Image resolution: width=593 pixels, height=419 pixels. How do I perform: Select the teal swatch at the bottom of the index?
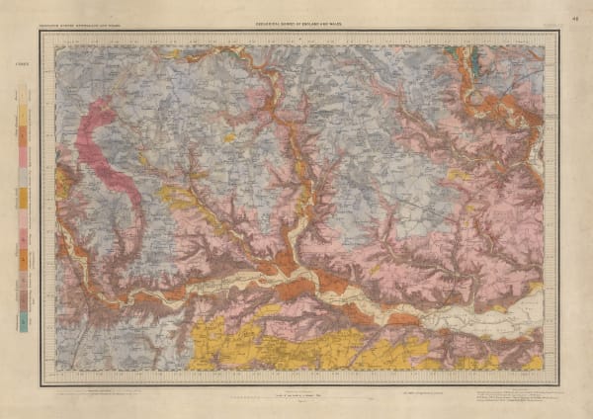tap(22, 324)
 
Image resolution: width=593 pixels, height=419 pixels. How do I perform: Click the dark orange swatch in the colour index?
tap(22, 198)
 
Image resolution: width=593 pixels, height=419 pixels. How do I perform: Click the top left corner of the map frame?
tap(41, 32)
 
